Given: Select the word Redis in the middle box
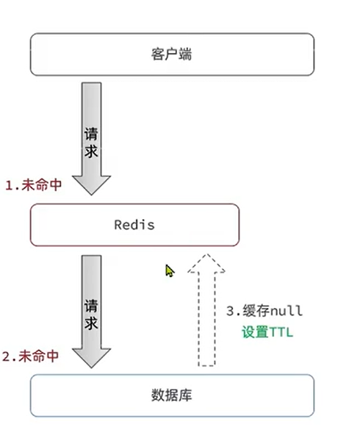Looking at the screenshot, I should coord(134,225).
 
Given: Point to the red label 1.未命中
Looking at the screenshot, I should coord(34,185).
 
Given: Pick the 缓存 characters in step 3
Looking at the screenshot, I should coord(253,311).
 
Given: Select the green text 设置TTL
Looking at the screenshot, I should coord(267,332).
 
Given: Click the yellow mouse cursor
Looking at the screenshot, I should coord(170,271).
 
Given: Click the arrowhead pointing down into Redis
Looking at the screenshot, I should coord(93,184).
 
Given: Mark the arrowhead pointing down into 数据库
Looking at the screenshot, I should coord(93,356).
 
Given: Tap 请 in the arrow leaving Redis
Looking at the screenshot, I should coord(92,304).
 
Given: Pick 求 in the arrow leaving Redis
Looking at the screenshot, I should coord(92,324).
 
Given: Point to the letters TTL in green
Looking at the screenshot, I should coord(281,332).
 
